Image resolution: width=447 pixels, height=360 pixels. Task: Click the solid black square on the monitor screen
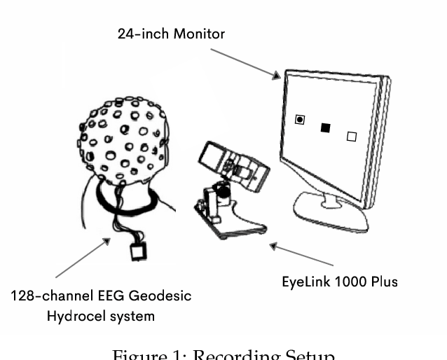[x=325, y=127]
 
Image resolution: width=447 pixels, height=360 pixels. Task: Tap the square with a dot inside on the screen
[x=300, y=120]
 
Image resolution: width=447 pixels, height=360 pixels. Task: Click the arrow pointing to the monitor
[x=245, y=62]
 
